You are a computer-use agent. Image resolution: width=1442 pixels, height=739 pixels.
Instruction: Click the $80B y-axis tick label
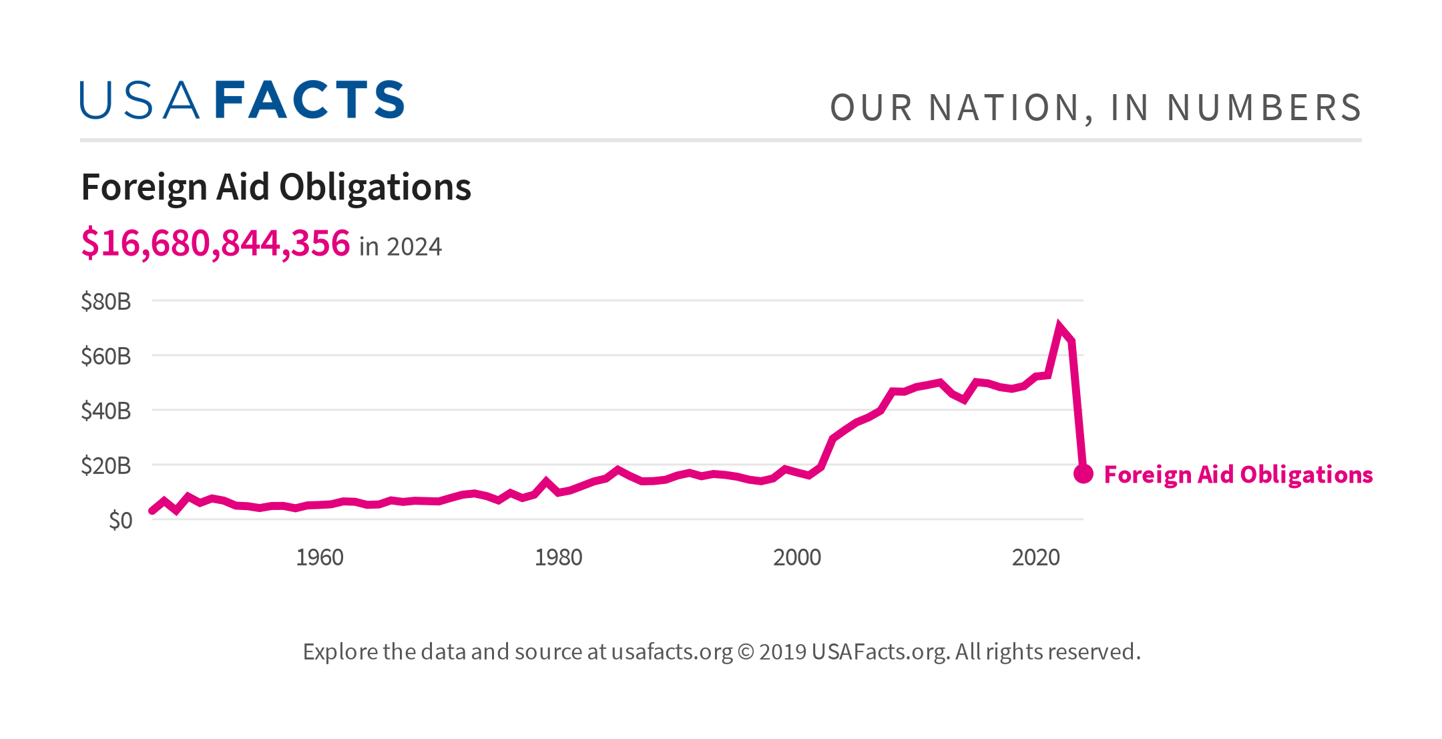click(105, 302)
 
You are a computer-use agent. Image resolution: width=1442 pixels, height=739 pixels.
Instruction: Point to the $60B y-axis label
click(105, 356)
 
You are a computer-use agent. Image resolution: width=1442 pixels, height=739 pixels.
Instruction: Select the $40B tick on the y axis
click(105, 411)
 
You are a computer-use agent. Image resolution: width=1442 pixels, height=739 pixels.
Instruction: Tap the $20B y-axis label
click(105, 466)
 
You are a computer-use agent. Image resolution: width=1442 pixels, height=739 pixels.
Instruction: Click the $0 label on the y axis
click(120, 521)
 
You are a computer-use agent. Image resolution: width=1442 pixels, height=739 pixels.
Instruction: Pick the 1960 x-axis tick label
click(319, 557)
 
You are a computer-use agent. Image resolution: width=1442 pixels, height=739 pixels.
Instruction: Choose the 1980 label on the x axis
click(558, 557)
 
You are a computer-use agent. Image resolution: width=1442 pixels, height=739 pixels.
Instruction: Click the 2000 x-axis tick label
click(796, 557)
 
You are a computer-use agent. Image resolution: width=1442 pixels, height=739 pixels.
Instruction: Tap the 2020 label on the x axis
click(1035, 557)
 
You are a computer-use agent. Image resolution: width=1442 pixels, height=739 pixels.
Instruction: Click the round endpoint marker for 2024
click(1083, 474)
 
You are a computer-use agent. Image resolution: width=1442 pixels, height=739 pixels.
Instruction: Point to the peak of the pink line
click(1059, 326)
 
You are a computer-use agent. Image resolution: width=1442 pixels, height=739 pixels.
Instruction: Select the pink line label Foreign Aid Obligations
click(1238, 475)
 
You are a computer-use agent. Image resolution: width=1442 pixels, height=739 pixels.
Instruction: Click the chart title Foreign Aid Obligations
click(276, 188)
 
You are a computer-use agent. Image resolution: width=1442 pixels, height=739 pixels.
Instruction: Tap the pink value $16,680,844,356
click(215, 243)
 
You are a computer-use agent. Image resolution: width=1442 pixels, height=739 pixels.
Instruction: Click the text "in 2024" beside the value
click(400, 247)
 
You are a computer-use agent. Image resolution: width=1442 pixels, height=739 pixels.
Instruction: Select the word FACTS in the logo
click(310, 100)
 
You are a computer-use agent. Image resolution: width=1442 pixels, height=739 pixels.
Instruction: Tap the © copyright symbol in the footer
click(745, 652)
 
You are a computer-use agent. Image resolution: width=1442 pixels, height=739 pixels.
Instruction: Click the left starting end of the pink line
click(153, 511)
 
